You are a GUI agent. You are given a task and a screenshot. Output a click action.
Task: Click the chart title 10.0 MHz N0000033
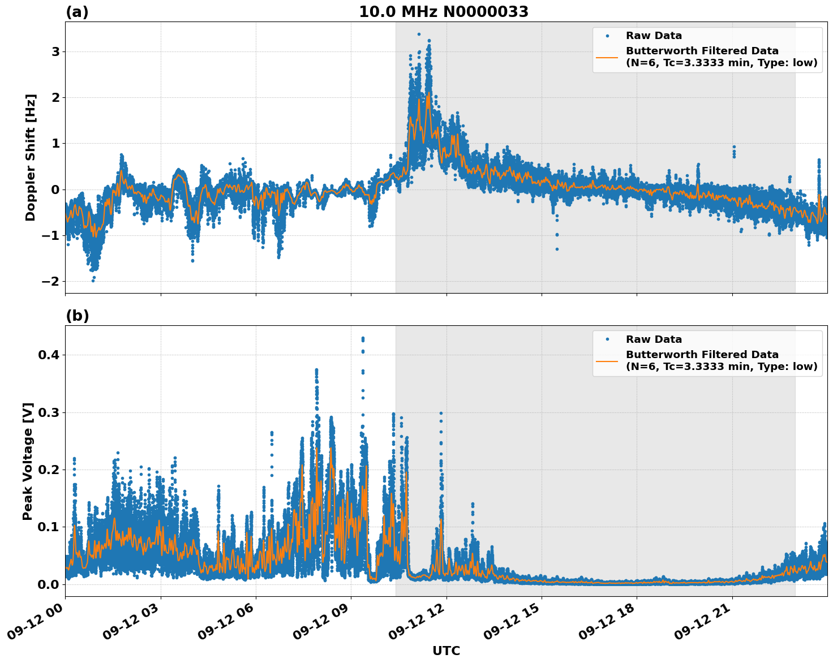tap(444, 12)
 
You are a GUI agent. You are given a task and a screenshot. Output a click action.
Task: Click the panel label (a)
tap(77, 12)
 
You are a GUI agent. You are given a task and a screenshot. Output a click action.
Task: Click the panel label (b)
tap(77, 316)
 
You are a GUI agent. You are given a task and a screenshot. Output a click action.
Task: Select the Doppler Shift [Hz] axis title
tap(31, 157)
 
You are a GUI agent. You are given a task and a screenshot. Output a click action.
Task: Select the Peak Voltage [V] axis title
tap(28, 461)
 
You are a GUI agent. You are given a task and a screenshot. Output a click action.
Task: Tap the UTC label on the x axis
tap(446, 651)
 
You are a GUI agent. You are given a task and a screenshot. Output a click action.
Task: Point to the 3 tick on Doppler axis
tap(56, 52)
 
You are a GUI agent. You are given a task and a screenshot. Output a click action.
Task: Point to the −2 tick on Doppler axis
tap(52, 282)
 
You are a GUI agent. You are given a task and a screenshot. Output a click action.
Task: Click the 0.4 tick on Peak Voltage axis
tap(50, 355)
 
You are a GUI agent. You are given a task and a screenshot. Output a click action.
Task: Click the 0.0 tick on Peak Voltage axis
tap(50, 584)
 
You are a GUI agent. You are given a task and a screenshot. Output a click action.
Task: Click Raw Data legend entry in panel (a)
tap(654, 36)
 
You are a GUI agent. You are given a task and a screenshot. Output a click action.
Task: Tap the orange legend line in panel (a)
tap(607, 57)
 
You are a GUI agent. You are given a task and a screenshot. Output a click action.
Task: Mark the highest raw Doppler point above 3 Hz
tap(419, 34)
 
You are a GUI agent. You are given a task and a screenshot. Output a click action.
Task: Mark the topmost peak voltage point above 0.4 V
tap(363, 338)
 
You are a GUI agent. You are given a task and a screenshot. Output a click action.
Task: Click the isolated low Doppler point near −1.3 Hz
tap(557, 249)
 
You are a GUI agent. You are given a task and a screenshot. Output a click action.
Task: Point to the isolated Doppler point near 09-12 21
tap(734, 147)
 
